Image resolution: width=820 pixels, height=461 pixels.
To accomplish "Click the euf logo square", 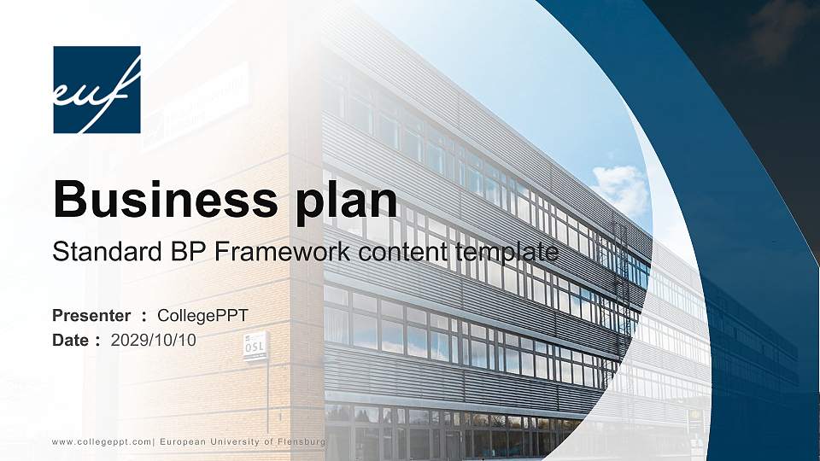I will click(x=97, y=90).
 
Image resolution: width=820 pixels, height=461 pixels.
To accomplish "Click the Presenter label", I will click(x=91, y=316).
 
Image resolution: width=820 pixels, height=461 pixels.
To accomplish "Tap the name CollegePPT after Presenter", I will click(x=203, y=316).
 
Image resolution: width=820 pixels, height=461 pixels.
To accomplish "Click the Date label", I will click(x=70, y=340).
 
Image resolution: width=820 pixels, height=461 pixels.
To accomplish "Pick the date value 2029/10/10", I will click(x=154, y=340).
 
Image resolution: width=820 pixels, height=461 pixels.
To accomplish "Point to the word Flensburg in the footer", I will click(x=298, y=441).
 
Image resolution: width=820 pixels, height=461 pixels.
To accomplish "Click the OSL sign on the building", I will click(x=255, y=347).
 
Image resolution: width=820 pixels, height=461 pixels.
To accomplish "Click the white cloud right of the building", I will click(x=621, y=187).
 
